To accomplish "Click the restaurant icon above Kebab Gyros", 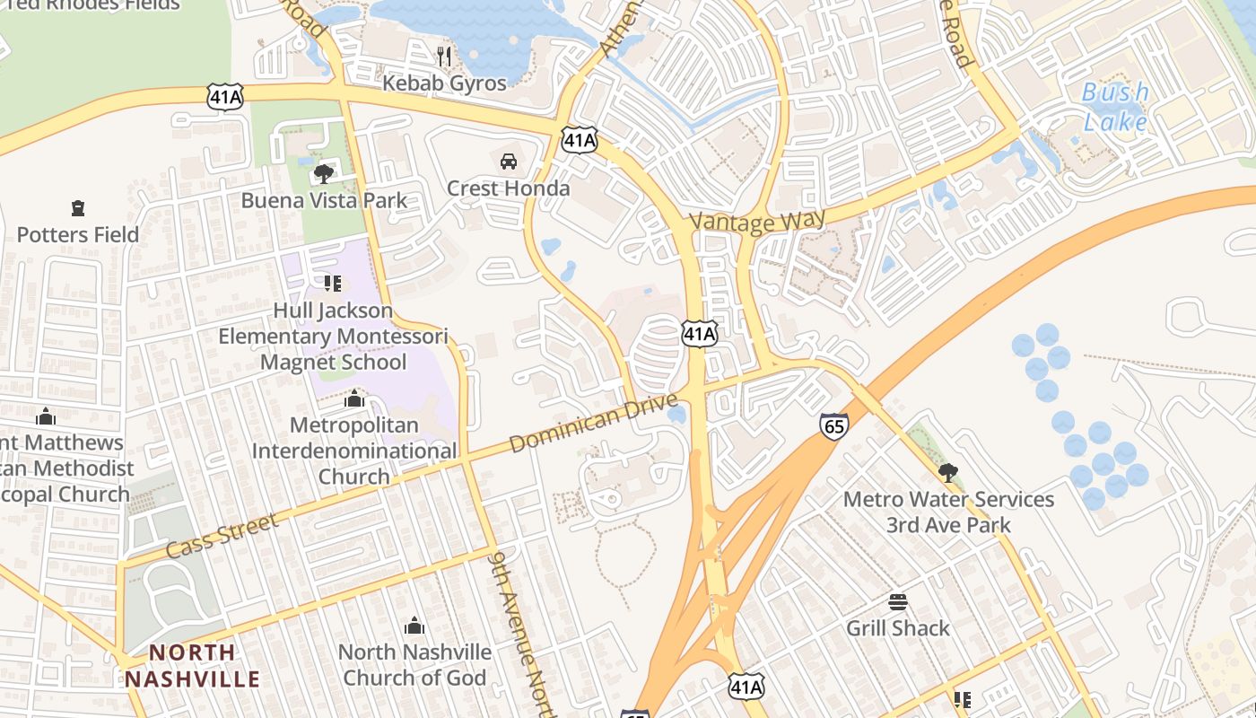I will click(x=444, y=57).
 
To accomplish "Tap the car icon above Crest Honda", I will click(x=508, y=162).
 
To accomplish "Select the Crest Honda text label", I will click(x=508, y=188).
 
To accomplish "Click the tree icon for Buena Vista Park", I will click(x=323, y=173).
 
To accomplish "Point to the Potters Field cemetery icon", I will click(x=78, y=208).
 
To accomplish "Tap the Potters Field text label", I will click(x=78, y=235).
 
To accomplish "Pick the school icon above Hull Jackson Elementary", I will click(x=333, y=284).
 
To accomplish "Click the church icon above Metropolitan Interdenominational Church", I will click(x=354, y=398).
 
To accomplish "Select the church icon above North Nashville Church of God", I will click(x=414, y=625).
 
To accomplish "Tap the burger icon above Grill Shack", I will click(x=897, y=601).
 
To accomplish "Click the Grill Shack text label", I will click(x=897, y=628).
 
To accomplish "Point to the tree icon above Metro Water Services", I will click(x=947, y=472).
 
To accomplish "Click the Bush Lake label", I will click(x=1115, y=107).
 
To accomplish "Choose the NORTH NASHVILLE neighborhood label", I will click(x=192, y=665).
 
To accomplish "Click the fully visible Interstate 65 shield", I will click(x=833, y=426).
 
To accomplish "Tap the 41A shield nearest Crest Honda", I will click(x=580, y=139).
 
